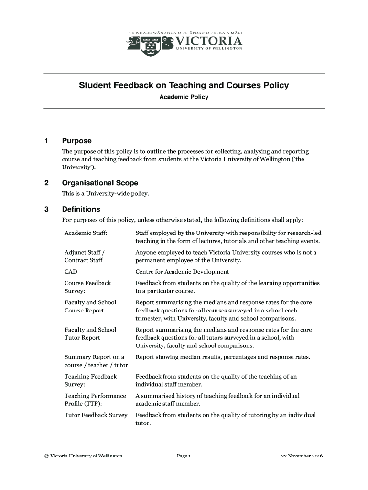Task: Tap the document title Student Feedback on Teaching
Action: point(184,86)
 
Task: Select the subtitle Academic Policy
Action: point(184,97)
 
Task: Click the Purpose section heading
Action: point(76,141)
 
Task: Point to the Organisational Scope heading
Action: point(100,183)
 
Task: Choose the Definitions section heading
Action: point(81,209)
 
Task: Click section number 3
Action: point(46,209)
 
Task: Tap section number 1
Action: point(46,141)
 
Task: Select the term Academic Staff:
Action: point(86,233)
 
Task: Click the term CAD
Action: point(71,272)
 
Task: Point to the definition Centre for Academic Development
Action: point(182,272)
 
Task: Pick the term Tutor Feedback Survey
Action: point(96,415)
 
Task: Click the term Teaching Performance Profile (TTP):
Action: point(95,400)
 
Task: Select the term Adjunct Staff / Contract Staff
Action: point(85,256)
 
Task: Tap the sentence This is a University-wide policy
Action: point(106,194)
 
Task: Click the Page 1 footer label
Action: point(184,456)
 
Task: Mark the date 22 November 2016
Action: point(302,456)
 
